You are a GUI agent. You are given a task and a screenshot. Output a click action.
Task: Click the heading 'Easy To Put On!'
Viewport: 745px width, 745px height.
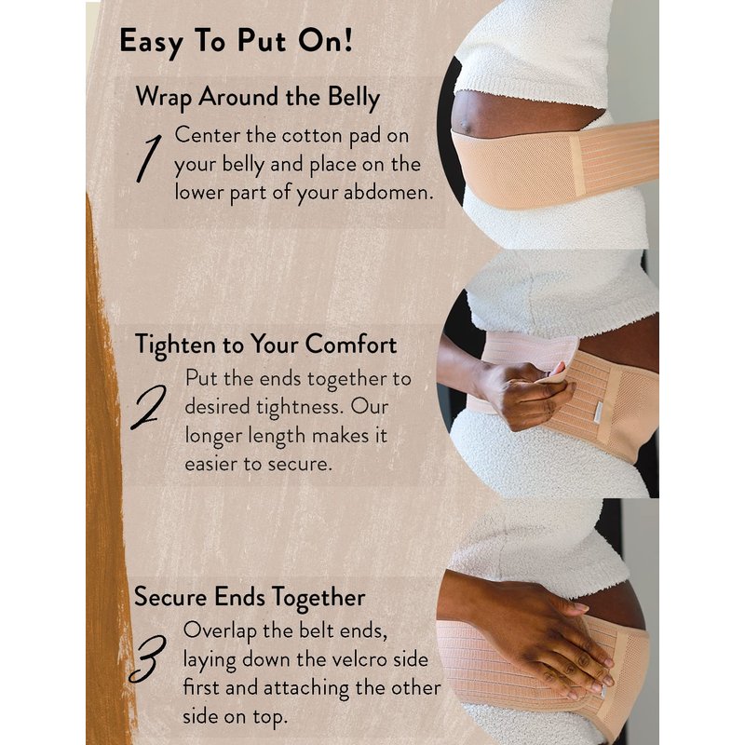237,42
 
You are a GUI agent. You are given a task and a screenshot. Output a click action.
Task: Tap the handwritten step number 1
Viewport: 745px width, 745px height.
149,158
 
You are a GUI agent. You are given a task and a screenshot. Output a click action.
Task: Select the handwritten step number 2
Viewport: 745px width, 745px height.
149,407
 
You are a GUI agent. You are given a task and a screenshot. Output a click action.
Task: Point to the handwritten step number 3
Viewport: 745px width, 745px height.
147,659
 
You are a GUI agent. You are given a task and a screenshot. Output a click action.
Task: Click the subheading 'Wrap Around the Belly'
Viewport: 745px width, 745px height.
258,98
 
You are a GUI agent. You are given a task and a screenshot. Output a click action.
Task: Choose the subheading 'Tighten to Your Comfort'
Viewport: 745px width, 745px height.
266,345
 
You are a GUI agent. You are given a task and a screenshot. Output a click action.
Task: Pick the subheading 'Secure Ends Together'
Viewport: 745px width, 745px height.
250,597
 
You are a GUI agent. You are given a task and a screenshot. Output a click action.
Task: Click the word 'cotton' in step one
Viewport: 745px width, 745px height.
312,136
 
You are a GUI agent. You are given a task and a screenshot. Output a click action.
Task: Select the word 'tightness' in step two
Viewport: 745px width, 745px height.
299,407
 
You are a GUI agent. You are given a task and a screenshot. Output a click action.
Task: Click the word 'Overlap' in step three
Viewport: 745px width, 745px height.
220,631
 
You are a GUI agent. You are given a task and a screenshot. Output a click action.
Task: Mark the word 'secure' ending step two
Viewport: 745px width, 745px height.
299,464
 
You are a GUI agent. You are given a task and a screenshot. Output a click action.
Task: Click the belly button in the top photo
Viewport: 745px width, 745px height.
467,126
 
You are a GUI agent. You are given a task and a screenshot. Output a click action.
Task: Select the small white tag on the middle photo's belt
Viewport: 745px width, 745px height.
596,412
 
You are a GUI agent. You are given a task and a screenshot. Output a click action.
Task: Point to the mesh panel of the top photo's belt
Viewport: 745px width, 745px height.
518,169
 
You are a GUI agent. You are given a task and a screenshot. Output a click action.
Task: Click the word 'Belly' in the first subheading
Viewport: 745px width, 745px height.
354,98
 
